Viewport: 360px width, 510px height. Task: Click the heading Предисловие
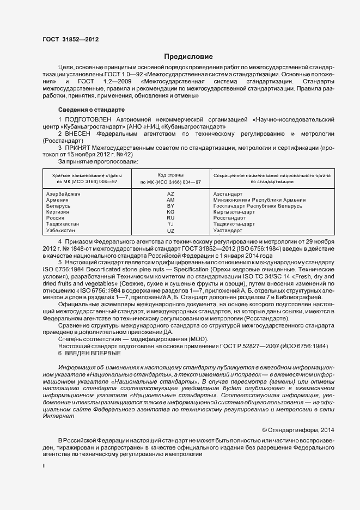coord(188,57)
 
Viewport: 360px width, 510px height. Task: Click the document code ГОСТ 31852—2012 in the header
coord(70,40)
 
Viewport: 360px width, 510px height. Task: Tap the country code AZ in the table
coord(170,194)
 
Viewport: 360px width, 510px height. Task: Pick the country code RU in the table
coord(170,218)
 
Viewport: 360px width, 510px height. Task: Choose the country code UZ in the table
coord(170,230)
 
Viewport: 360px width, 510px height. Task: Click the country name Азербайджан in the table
coord(63,194)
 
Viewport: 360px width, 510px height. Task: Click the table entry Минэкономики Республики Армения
coord(255,200)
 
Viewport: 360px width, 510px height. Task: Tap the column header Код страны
coord(170,175)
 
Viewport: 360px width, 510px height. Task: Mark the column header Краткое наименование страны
coord(87,175)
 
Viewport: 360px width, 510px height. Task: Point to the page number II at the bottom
coord(44,466)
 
